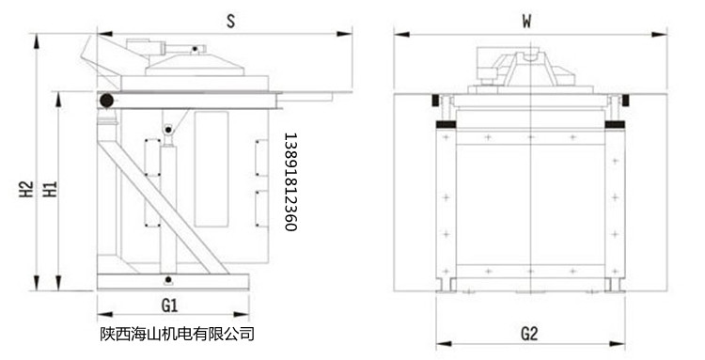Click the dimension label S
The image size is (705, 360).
point(229,18)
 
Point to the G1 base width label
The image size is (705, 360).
point(170,304)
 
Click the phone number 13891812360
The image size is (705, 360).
point(290,181)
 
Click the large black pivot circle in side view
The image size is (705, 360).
point(106,100)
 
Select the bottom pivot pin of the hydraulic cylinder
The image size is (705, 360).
point(167,279)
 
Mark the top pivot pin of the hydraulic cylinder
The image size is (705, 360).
point(167,128)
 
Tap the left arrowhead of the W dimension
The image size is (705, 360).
point(399,35)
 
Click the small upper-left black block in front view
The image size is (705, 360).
point(435,100)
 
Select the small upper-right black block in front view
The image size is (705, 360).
point(621,100)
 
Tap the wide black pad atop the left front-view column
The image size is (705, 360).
point(444,124)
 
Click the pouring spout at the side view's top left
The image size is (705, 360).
point(95,50)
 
